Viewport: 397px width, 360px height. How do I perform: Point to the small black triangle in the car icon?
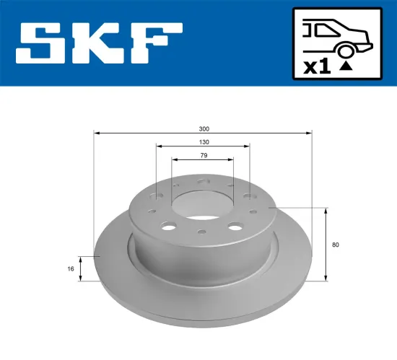(x=346, y=66)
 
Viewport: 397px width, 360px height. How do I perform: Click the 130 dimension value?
(x=204, y=142)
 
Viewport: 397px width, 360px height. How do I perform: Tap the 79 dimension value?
(x=204, y=156)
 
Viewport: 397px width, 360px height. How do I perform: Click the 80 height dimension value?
(x=336, y=245)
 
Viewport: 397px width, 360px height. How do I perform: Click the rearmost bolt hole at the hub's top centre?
(x=204, y=183)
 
